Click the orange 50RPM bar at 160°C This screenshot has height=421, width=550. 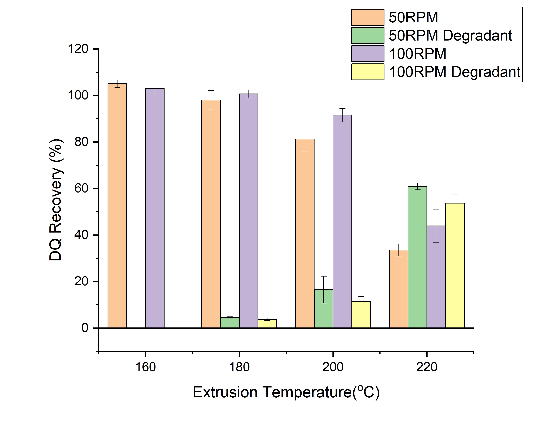[x=117, y=206]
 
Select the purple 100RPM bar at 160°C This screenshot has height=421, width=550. [x=155, y=208]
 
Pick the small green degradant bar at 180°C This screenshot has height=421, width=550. [x=230, y=323]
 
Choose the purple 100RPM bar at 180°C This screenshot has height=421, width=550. [x=248, y=211]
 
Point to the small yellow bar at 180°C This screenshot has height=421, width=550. [x=267, y=324]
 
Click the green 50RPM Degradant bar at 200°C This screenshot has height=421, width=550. [x=324, y=309]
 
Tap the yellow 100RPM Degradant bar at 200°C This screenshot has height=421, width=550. [x=361, y=314]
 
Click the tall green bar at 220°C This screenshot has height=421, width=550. [x=417, y=257]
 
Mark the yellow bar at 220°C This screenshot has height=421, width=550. [x=455, y=265]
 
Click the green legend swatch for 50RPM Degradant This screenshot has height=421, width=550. [x=367, y=35]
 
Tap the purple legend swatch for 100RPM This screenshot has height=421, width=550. [x=367, y=54]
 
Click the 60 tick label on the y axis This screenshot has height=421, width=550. [x=81, y=188]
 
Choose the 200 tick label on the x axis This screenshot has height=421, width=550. [x=333, y=367]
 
